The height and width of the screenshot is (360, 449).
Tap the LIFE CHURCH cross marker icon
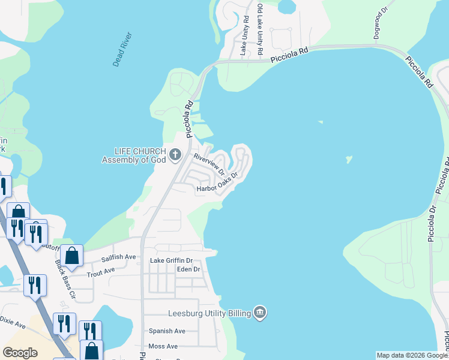coord(176,155)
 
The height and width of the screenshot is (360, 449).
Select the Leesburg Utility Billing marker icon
coord(260,312)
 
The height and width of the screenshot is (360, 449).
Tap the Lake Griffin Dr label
coord(171,260)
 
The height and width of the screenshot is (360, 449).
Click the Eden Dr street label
coord(188,269)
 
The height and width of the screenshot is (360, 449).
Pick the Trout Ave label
coord(101,271)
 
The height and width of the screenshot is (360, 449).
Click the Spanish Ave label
coord(167,331)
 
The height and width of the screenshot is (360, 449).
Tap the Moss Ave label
coord(163,346)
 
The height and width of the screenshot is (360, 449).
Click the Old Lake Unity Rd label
coord(261,30)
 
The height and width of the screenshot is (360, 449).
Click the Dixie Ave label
coord(13,323)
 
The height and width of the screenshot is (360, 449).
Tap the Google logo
coord(20,353)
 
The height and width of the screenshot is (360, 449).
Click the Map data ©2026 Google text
coord(412,355)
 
